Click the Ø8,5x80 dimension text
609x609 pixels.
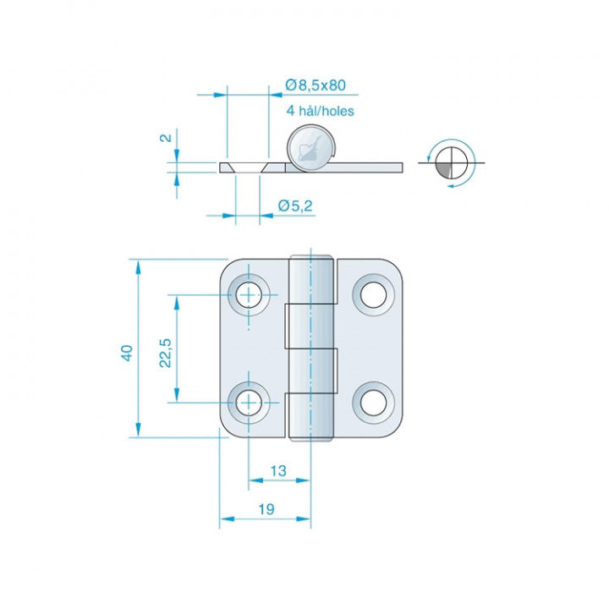(x=315, y=85)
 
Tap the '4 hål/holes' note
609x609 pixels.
(x=320, y=111)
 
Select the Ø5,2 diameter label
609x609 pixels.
(x=295, y=206)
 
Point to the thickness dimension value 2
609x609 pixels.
(x=167, y=138)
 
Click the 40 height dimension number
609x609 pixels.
(x=128, y=353)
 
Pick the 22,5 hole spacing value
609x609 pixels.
(x=166, y=353)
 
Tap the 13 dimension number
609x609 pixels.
(x=278, y=471)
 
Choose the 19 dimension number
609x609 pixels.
(x=266, y=509)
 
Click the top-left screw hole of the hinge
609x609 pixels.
(x=249, y=295)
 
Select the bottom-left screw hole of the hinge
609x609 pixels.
(x=249, y=403)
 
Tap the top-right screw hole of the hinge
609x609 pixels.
(x=374, y=295)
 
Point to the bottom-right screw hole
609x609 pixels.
(x=374, y=403)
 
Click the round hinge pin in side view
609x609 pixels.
(x=311, y=148)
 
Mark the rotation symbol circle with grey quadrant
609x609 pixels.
(x=451, y=162)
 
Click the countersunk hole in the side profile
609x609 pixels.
(x=247, y=167)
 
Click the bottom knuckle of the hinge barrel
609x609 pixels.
(x=311, y=417)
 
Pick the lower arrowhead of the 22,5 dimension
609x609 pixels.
(x=177, y=395)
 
